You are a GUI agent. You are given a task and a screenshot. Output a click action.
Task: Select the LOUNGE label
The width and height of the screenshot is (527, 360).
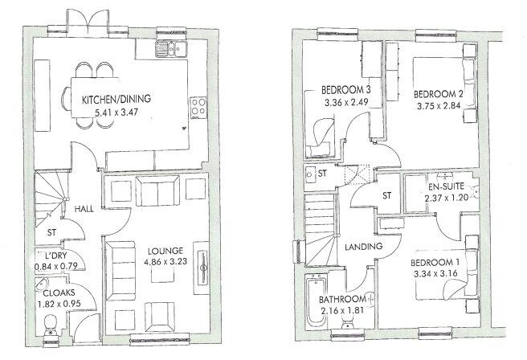tap(167, 250)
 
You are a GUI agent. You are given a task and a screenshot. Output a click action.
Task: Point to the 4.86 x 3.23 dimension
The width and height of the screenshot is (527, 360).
tap(167, 262)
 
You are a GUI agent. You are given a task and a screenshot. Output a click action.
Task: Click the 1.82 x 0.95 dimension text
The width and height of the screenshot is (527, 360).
tap(58, 305)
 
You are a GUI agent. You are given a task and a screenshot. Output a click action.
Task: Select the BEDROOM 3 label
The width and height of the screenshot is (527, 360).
tap(345, 89)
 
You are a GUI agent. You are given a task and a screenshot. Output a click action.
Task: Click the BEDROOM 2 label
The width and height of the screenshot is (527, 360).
tap(441, 92)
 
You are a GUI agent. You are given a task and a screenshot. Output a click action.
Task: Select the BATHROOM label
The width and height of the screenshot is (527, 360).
tap(332, 300)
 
